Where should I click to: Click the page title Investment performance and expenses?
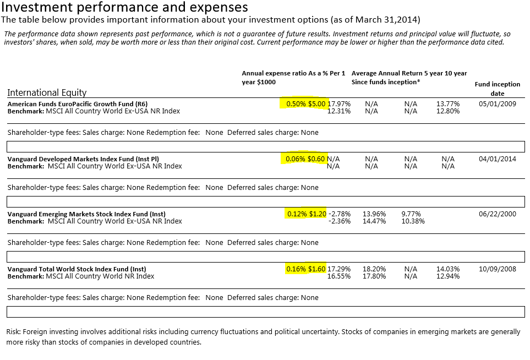click(x=124, y=8)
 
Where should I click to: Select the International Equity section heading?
click(x=47, y=92)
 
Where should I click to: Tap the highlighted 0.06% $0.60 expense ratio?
click(x=305, y=159)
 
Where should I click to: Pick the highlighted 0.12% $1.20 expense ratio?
click(x=307, y=214)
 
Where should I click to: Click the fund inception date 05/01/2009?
click(x=498, y=103)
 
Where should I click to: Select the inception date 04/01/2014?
click(x=498, y=159)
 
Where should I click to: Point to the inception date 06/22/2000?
click(x=498, y=214)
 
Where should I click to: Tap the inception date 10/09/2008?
click(x=498, y=269)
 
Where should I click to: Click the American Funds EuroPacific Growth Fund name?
click(x=78, y=103)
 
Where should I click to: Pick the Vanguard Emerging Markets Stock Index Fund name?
click(x=86, y=214)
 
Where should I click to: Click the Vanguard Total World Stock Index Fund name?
click(x=77, y=269)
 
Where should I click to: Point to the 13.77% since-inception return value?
click(x=447, y=103)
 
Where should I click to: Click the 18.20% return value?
click(x=374, y=269)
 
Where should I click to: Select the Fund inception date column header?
click(x=497, y=89)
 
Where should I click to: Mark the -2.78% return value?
click(x=340, y=214)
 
